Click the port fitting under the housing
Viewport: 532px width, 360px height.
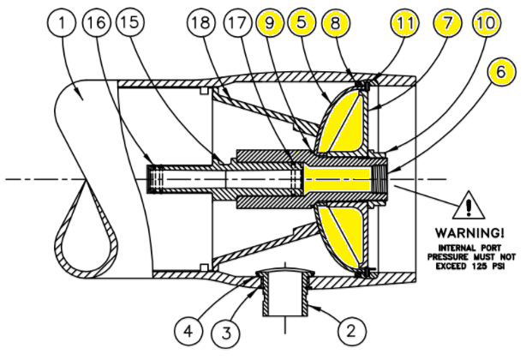(x=284, y=291)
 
